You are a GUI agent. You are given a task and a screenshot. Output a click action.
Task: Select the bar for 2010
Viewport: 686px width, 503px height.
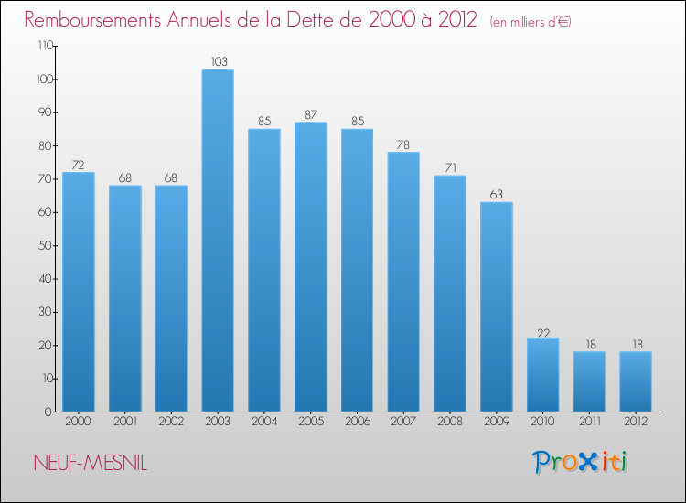coord(543,375)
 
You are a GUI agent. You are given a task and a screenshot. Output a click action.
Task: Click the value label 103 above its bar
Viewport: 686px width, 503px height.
coord(218,62)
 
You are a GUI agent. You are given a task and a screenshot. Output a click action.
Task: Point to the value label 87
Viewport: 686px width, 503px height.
coord(311,115)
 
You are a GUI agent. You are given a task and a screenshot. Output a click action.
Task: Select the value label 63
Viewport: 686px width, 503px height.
coord(497,195)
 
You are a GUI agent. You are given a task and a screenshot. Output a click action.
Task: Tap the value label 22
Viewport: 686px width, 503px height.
coord(543,332)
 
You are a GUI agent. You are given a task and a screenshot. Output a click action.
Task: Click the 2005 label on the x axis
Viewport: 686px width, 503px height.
coord(311,422)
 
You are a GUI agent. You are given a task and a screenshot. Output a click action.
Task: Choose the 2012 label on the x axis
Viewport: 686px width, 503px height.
coord(637,422)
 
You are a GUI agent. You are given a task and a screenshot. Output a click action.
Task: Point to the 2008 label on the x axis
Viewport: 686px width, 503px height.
coord(450,422)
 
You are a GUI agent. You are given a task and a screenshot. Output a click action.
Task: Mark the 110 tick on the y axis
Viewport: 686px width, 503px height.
coord(43,46)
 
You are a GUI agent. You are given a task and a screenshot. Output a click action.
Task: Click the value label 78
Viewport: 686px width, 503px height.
coord(403,145)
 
